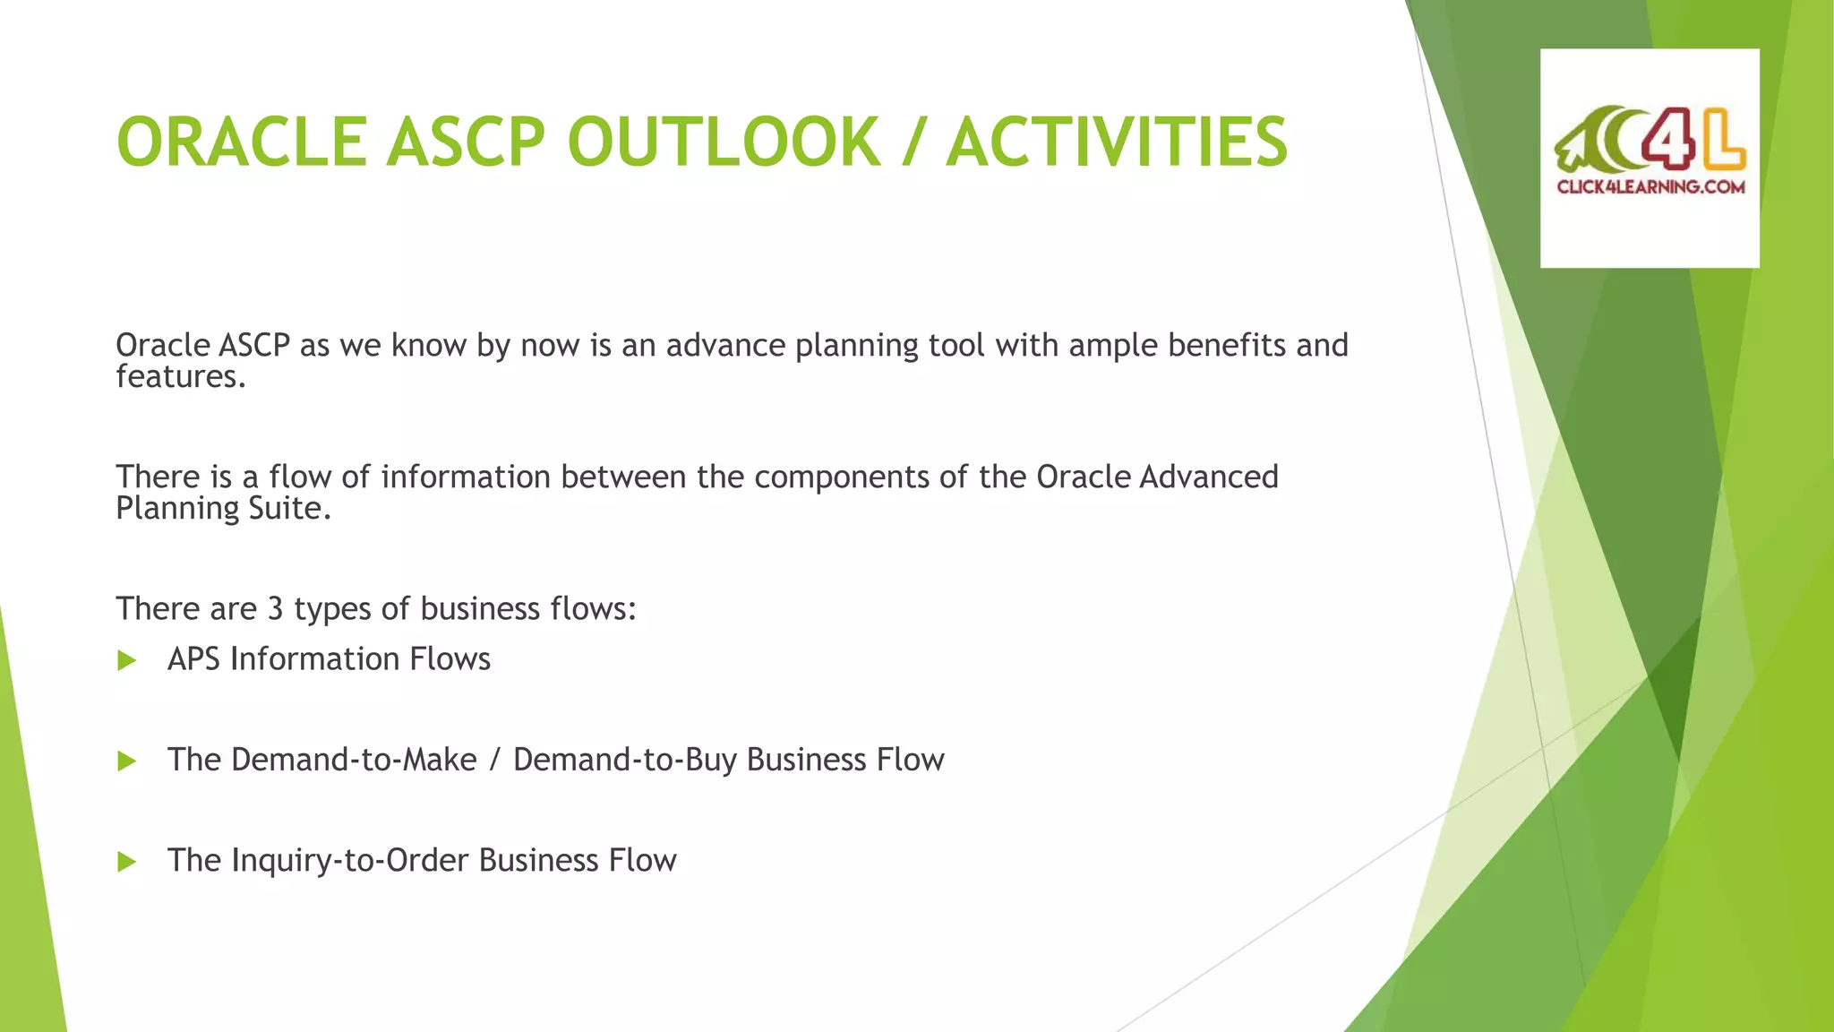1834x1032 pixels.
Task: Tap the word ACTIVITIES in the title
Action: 1117,143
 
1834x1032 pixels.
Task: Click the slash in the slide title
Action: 913,143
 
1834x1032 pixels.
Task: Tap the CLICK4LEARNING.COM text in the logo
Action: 1650,187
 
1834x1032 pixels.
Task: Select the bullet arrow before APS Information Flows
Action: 126,661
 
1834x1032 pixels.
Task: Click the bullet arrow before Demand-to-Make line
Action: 126,761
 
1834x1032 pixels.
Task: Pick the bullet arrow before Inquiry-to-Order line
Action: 126,862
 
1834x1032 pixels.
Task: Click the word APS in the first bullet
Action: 193,659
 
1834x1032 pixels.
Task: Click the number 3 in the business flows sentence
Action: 275,609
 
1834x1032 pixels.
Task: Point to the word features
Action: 179,377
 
